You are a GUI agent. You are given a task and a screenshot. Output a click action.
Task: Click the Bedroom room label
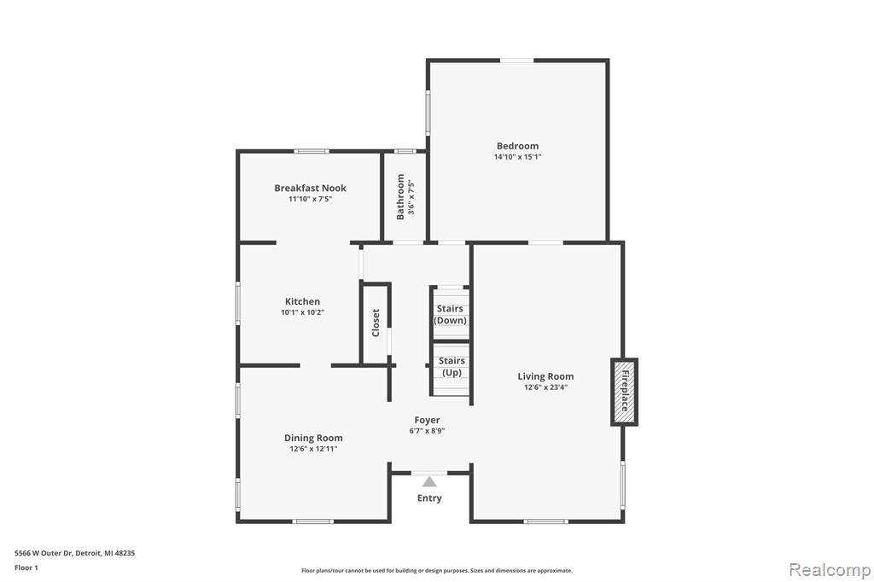point(517,146)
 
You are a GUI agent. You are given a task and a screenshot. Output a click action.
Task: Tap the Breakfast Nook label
point(310,188)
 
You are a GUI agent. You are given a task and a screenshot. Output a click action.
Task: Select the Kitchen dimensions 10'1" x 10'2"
point(302,312)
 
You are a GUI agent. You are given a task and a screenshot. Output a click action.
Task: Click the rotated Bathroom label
point(400,197)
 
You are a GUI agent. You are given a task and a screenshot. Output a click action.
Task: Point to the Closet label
point(376,323)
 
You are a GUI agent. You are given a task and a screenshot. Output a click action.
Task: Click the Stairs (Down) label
point(450,314)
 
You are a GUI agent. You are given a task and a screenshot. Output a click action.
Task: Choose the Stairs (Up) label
point(452,367)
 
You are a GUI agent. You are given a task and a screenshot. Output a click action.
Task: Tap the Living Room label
point(545,376)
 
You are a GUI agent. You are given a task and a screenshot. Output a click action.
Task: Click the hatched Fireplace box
point(624,393)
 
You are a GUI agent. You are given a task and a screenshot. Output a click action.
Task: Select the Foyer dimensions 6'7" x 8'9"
point(427,430)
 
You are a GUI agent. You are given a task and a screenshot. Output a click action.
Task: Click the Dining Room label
point(313,438)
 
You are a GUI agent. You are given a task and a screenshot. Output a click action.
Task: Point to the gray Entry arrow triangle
point(429,481)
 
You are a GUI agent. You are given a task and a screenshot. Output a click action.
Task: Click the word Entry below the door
point(429,498)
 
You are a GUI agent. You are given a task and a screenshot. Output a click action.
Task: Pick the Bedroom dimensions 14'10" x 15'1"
point(517,157)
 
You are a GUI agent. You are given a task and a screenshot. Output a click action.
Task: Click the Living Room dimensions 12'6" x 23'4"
point(545,387)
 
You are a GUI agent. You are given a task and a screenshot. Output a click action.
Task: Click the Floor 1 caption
point(26,567)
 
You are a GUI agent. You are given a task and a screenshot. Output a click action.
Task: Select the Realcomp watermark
point(830,570)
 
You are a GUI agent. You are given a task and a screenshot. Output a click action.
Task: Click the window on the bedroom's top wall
point(516,61)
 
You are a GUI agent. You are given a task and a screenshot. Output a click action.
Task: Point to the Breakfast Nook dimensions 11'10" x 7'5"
point(310,199)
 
